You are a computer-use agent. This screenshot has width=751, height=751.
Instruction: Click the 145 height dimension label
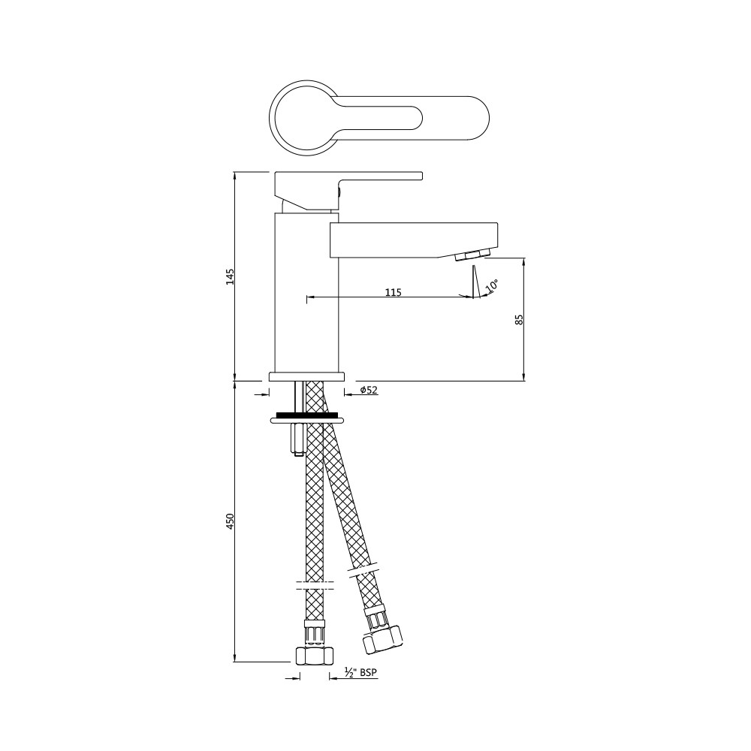tap(231, 277)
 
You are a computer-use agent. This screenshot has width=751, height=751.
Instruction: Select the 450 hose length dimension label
tap(231, 521)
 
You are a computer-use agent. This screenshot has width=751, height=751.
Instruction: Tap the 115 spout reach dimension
tap(394, 291)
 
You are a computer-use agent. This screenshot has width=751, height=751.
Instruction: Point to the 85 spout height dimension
tap(519, 319)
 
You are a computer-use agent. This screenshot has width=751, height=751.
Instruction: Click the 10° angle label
tap(492, 285)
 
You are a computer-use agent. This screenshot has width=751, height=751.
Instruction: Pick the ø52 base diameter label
tap(368, 390)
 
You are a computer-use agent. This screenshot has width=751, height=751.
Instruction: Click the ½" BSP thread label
tap(360, 672)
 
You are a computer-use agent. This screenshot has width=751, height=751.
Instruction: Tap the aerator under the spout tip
tap(472, 255)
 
